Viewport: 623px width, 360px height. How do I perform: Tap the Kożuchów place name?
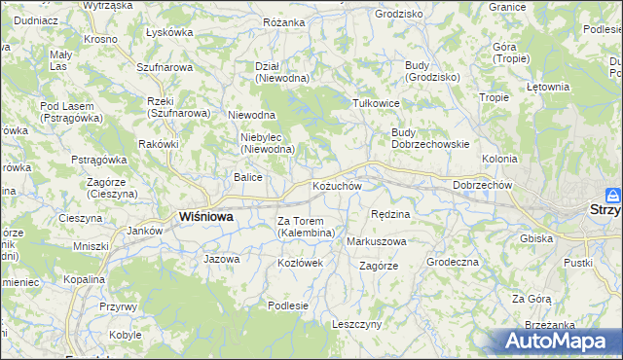[337, 186]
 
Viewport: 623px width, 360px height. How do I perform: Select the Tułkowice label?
[377, 103]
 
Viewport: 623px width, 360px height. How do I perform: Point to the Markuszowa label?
[377, 240]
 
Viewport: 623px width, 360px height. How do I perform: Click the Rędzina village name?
[390, 213]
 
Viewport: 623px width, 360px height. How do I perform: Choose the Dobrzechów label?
[482, 185]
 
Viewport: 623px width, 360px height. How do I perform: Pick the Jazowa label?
[221, 259]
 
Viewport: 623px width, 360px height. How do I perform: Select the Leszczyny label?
[356, 324]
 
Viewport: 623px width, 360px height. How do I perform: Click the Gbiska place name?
[536, 238]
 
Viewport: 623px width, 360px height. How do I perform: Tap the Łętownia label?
[547, 87]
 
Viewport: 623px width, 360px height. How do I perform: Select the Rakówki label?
[159, 144]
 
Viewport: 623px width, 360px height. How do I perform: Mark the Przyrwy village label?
[118, 306]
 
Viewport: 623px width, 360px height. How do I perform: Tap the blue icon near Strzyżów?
[612, 195]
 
